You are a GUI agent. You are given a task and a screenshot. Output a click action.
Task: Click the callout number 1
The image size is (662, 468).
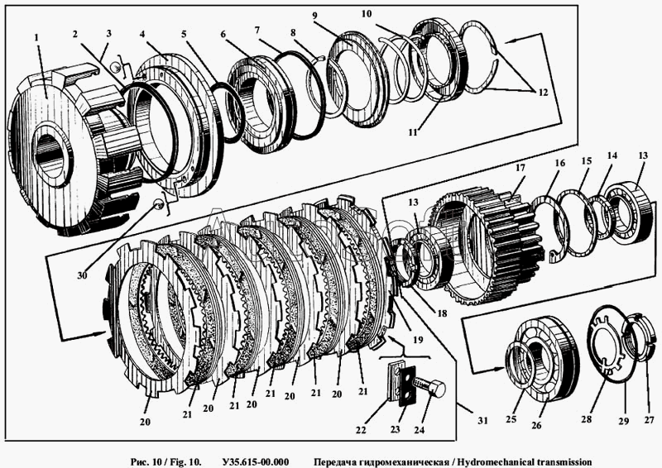click(36, 38)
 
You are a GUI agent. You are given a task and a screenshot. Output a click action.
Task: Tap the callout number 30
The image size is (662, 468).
click(82, 275)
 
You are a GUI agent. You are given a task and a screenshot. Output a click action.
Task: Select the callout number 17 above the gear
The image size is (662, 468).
click(520, 168)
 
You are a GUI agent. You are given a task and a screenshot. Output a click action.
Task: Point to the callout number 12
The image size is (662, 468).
click(543, 92)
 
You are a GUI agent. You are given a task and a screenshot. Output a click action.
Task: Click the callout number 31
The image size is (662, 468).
click(482, 420)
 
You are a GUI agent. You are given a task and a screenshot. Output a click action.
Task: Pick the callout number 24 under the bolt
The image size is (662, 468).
click(419, 430)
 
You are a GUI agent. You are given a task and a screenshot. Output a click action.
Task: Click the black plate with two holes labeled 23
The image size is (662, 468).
click(407, 386)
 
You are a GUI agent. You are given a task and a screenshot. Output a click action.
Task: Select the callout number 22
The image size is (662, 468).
click(361, 430)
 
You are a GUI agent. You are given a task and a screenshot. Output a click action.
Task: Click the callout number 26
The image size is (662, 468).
click(536, 425)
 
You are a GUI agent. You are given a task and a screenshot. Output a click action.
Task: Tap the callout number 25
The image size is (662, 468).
click(511, 419)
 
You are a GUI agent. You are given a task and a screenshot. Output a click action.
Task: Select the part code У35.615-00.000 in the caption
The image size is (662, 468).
click(256, 462)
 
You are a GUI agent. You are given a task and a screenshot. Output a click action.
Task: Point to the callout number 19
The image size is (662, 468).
click(418, 340)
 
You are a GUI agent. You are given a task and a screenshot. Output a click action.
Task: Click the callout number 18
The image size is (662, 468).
click(442, 313)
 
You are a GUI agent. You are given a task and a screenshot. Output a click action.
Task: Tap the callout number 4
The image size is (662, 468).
click(142, 34)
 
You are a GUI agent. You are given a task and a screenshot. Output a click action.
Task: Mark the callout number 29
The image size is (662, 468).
click(624, 421)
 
